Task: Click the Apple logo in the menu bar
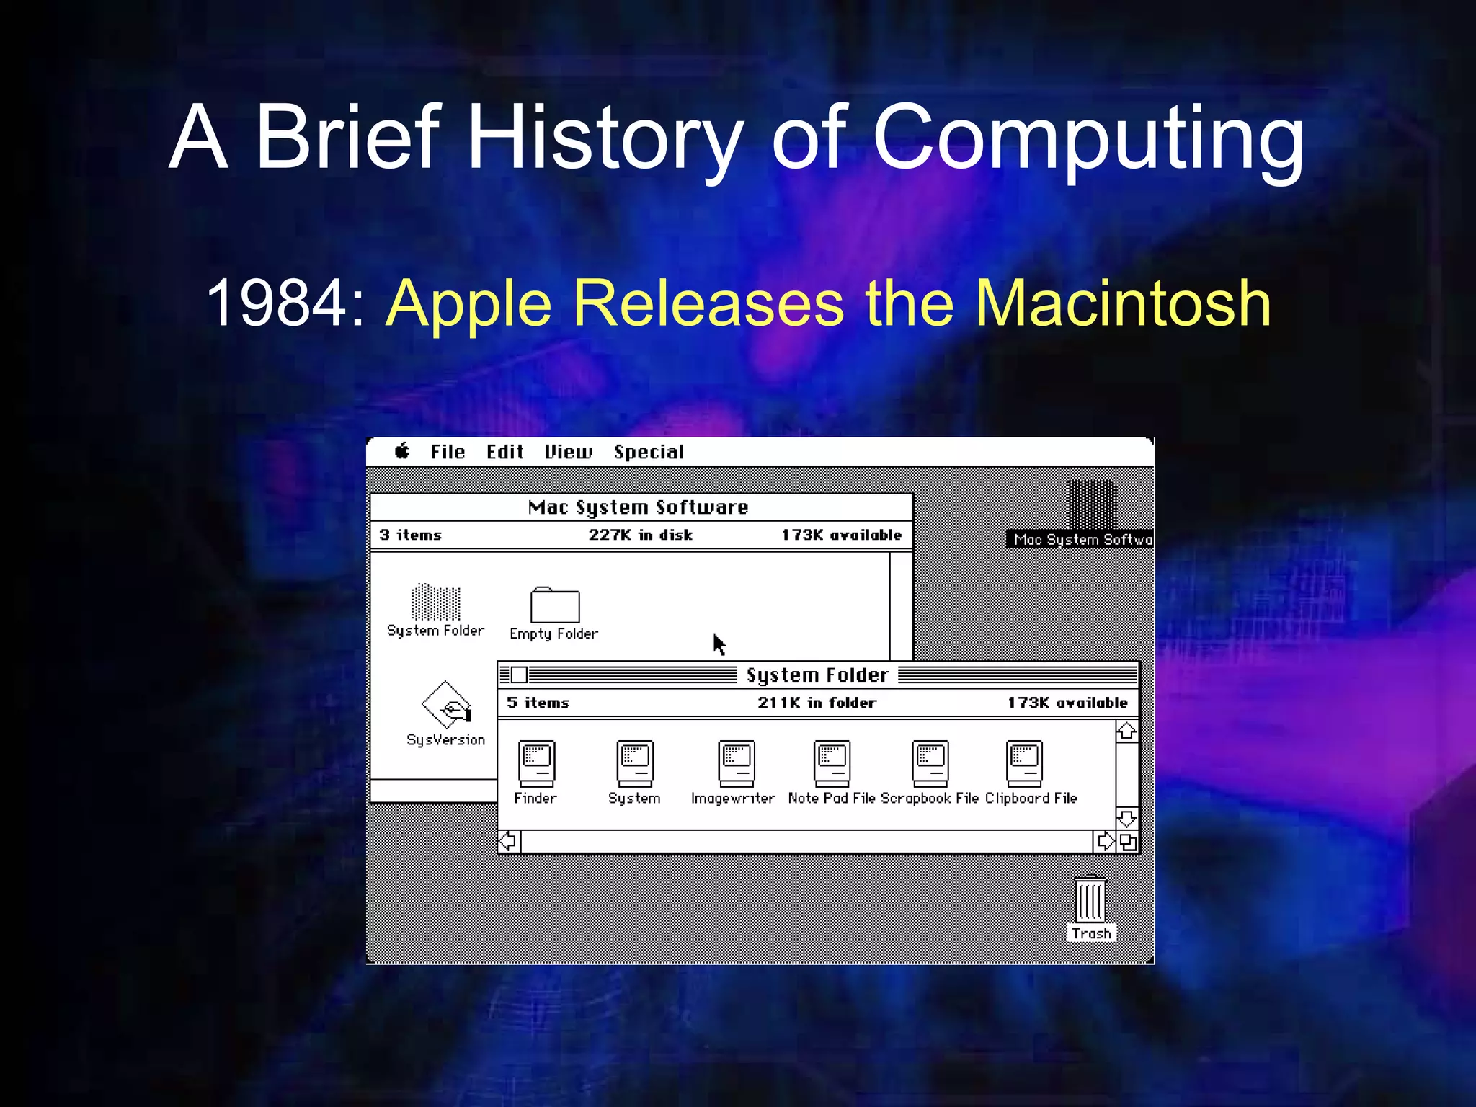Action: pos(402,452)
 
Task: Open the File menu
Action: pos(448,453)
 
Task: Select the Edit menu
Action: pos(504,453)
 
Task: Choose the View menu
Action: pos(569,453)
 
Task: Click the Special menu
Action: pos(649,453)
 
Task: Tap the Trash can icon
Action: pos(1090,900)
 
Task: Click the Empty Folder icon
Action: pos(554,605)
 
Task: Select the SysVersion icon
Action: pos(446,705)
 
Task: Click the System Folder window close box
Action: pos(519,675)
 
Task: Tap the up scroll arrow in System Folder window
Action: pos(1126,732)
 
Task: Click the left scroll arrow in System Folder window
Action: pos(508,841)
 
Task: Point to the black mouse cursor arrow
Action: pos(719,644)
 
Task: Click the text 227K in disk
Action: pos(640,535)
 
